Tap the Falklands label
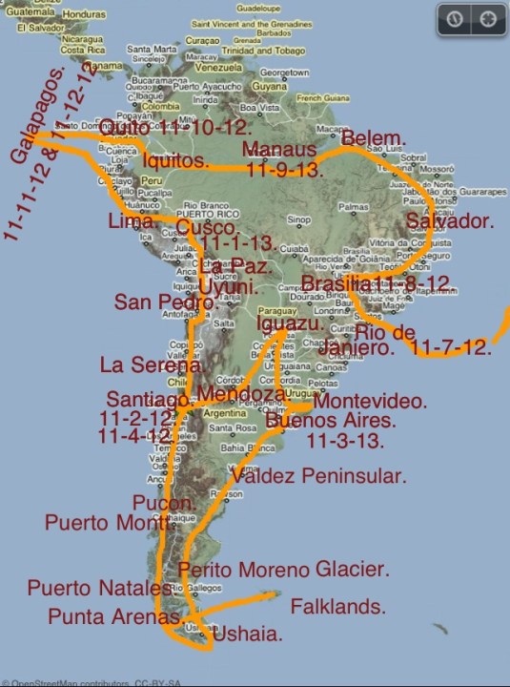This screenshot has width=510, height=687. (337, 606)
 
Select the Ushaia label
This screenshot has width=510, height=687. (247, 634)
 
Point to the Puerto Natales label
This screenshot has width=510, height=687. (87, 588)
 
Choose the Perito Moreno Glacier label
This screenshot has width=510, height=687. (283, 570)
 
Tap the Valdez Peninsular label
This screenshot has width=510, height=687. (318, 475)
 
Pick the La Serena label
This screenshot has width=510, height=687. (152, 364)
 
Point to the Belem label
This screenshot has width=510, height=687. (373, 137)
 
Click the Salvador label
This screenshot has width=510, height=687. (449, 221)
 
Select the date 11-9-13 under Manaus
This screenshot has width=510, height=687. (284, 171)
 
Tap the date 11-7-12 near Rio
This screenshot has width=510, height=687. (452, 348)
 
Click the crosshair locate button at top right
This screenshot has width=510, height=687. (488, 19)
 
